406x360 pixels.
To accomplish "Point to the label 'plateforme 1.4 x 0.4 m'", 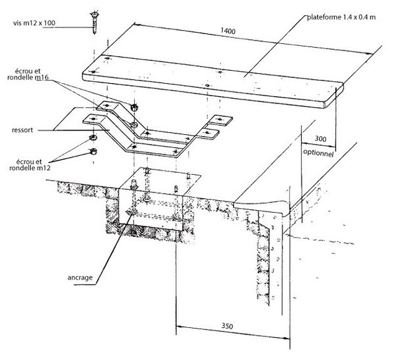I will (342, 17).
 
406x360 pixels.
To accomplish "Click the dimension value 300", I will (320, 139).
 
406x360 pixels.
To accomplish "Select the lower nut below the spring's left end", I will (93, 151).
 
